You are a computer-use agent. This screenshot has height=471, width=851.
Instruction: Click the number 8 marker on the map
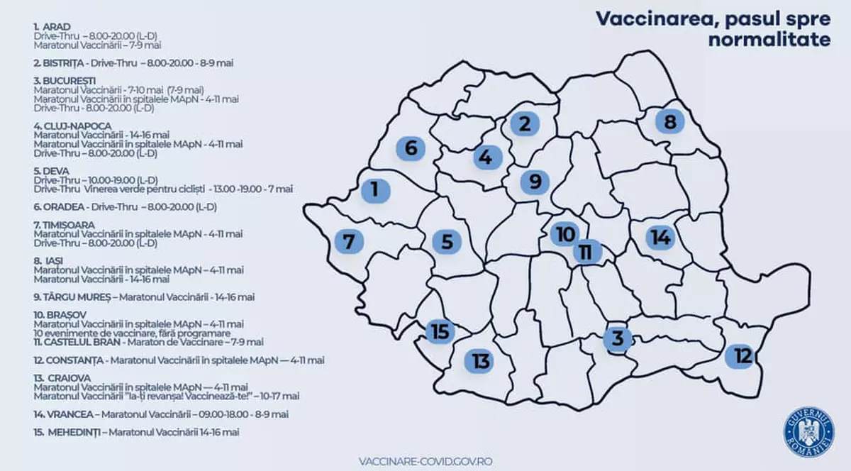coord(669,122)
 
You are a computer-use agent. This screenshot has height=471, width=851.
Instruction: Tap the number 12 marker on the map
coord(742,355)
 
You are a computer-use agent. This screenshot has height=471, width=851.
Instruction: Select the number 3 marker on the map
coord(618,338)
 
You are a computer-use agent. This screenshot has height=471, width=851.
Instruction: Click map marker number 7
coord(348,241)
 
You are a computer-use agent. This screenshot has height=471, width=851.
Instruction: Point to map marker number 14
coord(660,238)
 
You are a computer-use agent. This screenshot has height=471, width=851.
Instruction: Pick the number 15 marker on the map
coord(440,331)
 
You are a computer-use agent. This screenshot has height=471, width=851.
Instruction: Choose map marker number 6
coord(411,148)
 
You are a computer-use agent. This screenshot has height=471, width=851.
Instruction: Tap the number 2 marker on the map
coord(525,124)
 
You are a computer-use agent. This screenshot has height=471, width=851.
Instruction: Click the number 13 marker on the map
coord(482,362)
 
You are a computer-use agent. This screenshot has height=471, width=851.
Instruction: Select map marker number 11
coord(586,252)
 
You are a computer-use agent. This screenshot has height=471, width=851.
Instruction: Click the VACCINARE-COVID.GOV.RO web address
coord(425,461)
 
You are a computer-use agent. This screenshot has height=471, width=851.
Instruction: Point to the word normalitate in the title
coord(769,40)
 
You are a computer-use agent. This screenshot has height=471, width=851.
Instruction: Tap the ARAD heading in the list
coord(57,27)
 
